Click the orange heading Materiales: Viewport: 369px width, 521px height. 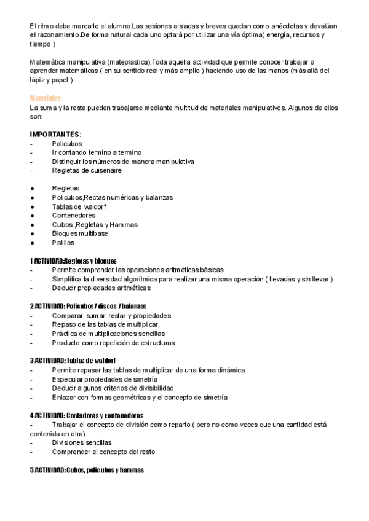point(46,98)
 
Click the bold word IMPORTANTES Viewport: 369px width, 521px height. point(55,134)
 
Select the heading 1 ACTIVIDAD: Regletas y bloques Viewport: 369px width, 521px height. point(73,261)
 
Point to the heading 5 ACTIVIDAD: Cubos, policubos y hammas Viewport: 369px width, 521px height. point(87,470)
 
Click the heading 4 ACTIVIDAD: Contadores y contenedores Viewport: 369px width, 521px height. point(86,415)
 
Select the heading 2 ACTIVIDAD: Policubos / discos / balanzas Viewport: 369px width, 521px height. point(88,306)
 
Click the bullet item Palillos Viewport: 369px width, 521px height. point(63,243)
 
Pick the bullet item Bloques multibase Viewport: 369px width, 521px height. point(80,233)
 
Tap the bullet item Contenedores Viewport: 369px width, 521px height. point(74,216)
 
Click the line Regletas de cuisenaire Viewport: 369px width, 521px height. point(87,170)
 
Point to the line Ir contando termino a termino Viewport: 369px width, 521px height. point(97,152)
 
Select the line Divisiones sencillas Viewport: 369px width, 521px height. point(82,442)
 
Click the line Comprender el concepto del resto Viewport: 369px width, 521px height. point(103,452)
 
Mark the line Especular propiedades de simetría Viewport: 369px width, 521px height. point(100,379)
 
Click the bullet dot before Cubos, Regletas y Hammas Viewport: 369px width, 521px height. point(31,225)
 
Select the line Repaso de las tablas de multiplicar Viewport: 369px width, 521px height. point(105,324)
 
